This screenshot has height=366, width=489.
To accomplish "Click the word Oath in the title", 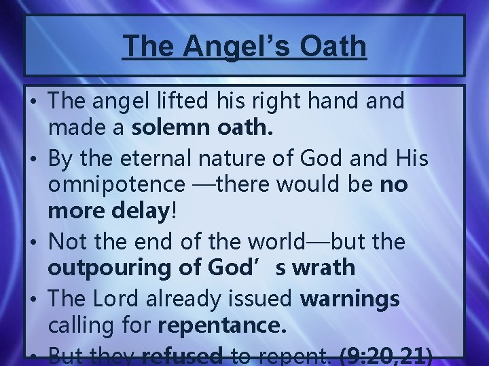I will [x=331, y=47].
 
